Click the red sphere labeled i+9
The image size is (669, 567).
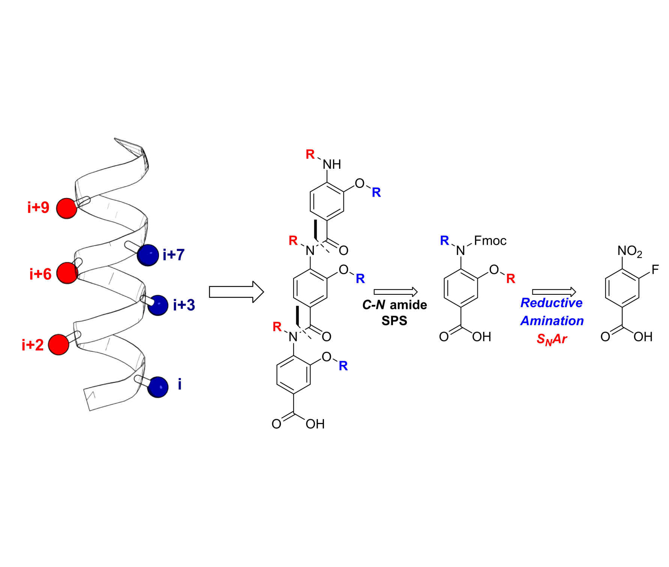coord(67,208)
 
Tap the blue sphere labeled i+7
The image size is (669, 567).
coord(148,255)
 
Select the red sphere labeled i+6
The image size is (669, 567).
coord(67,273)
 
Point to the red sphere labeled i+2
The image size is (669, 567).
coord(59,344)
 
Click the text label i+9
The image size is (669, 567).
coord(38,207)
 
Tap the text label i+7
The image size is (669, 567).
coord(174,255)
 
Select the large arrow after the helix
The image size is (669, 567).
coord(236,292)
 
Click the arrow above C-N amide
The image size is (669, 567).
coord(396,292)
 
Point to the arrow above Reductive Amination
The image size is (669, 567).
coord(554,292)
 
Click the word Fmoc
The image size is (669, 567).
coord(490,241)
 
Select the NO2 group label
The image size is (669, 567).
coord(630,251)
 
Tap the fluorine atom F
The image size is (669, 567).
coord(655,270)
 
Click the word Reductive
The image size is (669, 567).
coord(551,303)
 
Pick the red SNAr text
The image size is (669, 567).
coord(551,339)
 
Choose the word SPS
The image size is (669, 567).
coord(394,321)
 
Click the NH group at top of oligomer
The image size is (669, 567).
coord(332,164)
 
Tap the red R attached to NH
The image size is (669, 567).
coord(310,154)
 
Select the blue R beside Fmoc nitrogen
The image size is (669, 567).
coord(444,241)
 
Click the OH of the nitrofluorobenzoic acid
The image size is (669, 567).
coord(643,337)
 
